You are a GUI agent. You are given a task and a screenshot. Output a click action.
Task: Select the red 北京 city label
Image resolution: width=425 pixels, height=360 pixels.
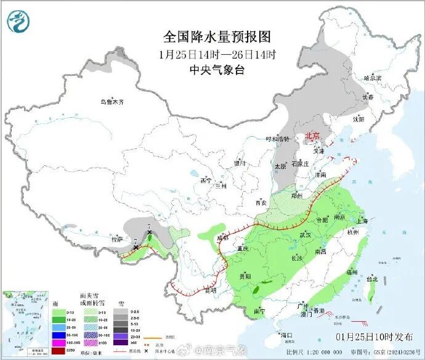tap(313, 136)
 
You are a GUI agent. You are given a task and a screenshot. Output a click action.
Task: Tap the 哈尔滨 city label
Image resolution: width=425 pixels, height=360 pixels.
tap(373, 78)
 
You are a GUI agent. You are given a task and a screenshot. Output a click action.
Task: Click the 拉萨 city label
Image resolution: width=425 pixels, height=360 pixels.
tap(116, 239)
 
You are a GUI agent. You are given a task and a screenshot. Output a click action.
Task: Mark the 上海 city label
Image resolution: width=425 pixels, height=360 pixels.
tap(362, 221)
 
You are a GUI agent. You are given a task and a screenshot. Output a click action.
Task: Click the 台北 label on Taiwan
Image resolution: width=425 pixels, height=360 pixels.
tap(372, 279)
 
